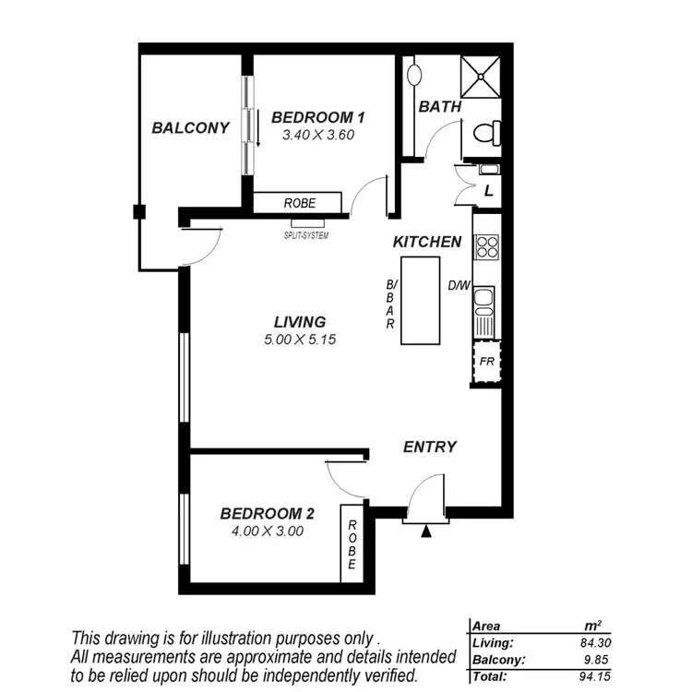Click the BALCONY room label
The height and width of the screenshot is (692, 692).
click(191, 128)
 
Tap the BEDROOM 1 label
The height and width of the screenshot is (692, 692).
click(318, 117)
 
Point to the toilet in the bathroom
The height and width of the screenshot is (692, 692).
click(485, 134)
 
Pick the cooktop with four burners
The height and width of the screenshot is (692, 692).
click(486, 245)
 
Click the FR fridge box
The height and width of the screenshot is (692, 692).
click(486, 361)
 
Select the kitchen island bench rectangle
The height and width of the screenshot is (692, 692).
click(420, 300)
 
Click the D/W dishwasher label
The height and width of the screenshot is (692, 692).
click(459, 285)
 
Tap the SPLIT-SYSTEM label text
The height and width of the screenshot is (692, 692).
click(306, 235)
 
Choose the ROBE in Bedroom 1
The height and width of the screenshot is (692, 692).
click(297, 203)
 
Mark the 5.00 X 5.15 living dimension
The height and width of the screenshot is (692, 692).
click(300, 340)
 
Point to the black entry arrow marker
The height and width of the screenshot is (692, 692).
click(425, 531)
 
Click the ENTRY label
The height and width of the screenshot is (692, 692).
click(430, 447)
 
